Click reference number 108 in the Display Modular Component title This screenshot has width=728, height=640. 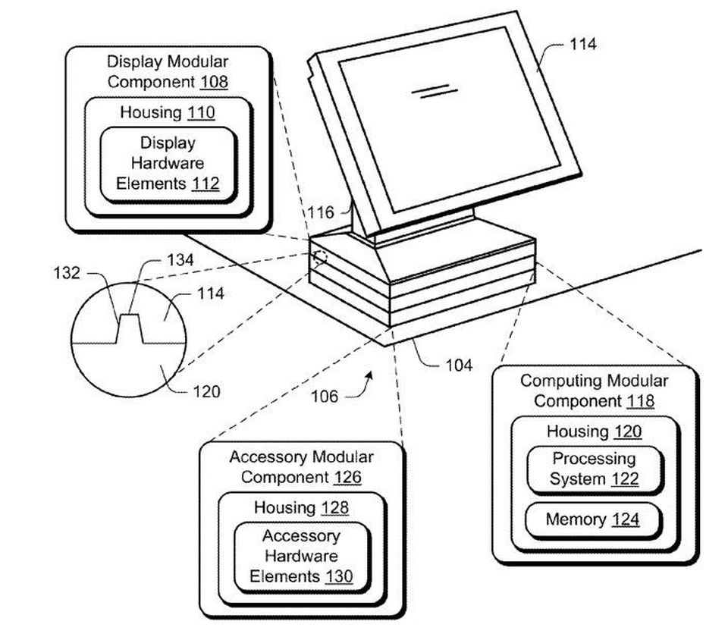pyautogui.click(x=214, y=82)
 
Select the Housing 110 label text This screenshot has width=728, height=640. pyautogui.click(x=168, y=112)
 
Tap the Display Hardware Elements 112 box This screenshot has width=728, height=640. pyautogui.click(x=168, y=164)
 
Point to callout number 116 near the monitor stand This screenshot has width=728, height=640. pyautogui.click(x=320, y=212)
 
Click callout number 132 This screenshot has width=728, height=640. pyautogui.click(x=67, y=272)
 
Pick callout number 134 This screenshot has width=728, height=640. pyautogui.click(x=180, y=259)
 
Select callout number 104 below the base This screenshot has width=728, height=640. pyautogui.click(x=459, y=365)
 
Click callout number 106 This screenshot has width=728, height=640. pyautogui.click(x=325, y=397)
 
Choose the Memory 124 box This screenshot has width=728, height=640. pyautogui.click(x=593, y=519)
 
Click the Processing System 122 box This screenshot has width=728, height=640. pyautogui.click(x=594, y=469)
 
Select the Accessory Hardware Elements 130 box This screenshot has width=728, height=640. pyautogui.click(x=302, y=557)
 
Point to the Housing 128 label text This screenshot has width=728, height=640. pyautogui.click(x=301, y=507)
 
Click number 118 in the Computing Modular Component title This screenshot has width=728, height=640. pyautogui.click(x=640, y=401)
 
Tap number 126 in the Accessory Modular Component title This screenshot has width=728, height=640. pyautogui.click(x=347, y=477)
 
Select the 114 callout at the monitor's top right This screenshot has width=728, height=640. pyautogui.click(x=582, y=44)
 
